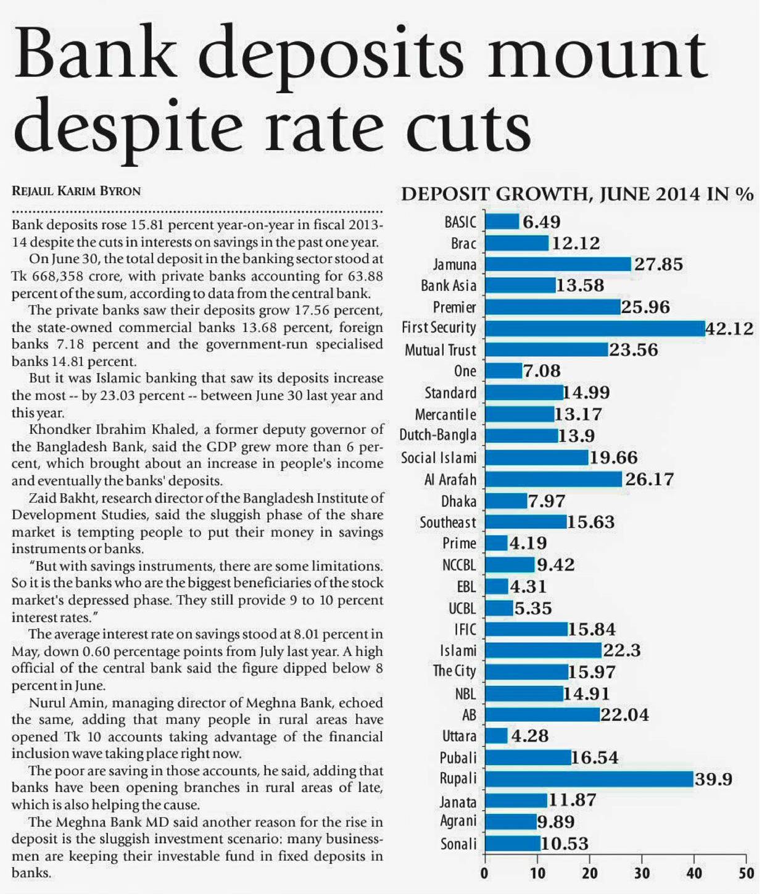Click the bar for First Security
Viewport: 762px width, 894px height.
(595, 328)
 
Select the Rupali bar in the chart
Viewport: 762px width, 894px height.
(589, 779)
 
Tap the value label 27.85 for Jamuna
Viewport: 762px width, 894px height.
(658, 264)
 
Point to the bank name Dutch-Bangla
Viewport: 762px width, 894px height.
(438, 435)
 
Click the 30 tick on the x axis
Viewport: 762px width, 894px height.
(642, 873)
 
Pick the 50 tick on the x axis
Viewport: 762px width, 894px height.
(746, 873)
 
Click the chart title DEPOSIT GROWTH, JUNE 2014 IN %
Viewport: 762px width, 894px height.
(577, 194)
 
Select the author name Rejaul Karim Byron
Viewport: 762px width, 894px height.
(76, 191)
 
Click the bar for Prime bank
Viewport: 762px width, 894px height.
(496, 543)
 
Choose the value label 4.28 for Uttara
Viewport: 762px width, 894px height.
(529, 736)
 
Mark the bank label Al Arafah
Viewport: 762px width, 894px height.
(450, 479)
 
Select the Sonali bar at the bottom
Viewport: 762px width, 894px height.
(513, 843)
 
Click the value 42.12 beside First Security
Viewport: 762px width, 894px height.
(729, 328)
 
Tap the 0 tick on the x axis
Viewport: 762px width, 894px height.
(485, 873)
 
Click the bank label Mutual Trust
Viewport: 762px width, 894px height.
(440, 350)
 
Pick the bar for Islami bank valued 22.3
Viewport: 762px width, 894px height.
(543, 650)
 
